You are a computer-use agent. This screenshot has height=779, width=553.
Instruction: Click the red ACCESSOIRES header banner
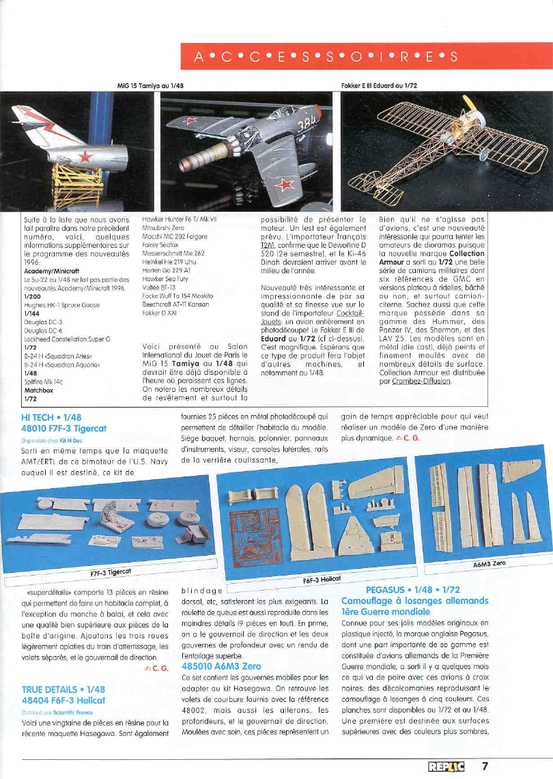click(365, 56)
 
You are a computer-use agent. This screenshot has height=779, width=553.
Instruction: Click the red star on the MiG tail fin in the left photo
click(84, 156)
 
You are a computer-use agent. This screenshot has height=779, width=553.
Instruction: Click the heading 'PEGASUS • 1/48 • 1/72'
click(412, 589)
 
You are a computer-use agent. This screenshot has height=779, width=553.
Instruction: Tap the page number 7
click(485, 766)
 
